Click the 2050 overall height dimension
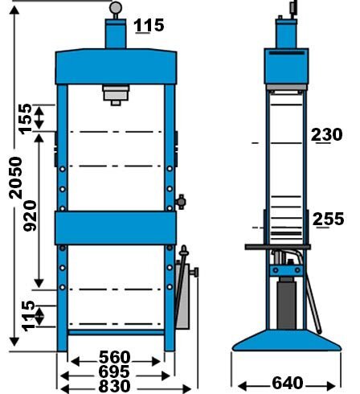15,178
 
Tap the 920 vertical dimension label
30,215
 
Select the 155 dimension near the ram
25,119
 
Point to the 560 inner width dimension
114,357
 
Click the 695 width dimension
114,371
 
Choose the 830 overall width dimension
114,386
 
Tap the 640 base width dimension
288,383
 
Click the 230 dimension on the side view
327,134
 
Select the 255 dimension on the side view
328,219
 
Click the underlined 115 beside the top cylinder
149,26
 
